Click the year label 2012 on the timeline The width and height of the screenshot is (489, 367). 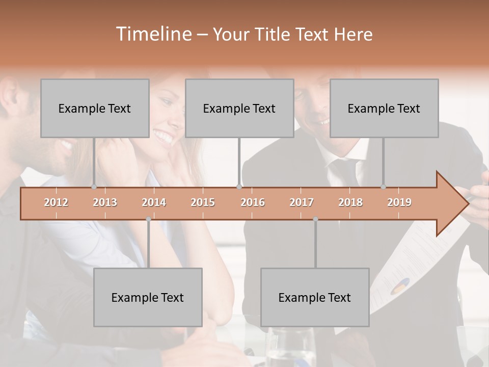(x=56, y=203)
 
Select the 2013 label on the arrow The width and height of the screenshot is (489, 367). (x=105, y=203)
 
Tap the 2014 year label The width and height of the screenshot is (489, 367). (x=154, y=203)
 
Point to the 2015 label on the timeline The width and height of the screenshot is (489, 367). (x=203, y=203)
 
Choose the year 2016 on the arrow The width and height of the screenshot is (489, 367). (x=253, y=203)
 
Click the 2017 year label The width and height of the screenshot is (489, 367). (x=302, y=203)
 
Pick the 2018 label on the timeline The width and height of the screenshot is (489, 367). (x=350, y=203)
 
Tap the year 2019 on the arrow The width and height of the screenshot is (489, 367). (x=399, y=203)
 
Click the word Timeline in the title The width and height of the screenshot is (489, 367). (x=152, y=34)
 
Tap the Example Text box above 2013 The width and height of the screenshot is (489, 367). (x=95, y=108)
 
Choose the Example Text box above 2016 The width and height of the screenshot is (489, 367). (x=239, y=108)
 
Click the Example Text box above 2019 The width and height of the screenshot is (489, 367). (x=384, y=108)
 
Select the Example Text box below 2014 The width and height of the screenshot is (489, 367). (x=148, y=297)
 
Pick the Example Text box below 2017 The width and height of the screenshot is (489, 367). (x=315, y=297)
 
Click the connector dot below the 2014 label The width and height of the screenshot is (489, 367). (x=148, y=219)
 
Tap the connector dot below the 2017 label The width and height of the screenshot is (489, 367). (x=315, y=219)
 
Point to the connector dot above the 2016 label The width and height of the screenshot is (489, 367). (x=239, y=187)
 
